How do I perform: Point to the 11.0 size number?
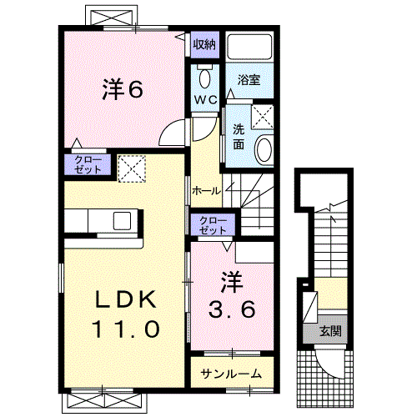121,329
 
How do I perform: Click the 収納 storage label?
204,44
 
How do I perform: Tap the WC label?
205,99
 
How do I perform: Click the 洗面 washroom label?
239,136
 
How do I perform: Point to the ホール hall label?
206,191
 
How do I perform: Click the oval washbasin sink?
264,151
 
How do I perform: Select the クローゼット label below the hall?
213,224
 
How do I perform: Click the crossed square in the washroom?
266,115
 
